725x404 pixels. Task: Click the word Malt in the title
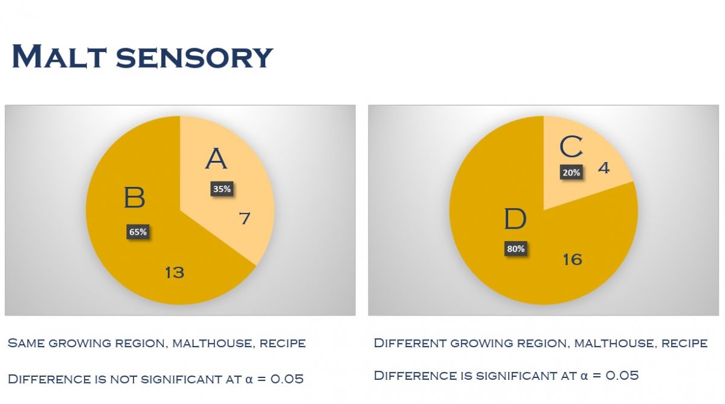(58, 56)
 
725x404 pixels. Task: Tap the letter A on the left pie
(216, 159)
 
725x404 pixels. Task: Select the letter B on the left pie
(134, 198)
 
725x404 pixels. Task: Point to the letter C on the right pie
(571, 147)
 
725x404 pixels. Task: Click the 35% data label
(222, 189)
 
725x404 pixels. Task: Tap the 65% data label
(138, 232)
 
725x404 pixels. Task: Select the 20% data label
(571, 172)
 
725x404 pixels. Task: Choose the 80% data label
(516, 249)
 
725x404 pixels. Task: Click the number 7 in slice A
(244, 218)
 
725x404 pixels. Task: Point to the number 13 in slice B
(174, 273)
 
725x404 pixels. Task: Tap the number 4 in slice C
(604, 167)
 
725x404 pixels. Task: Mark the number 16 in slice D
(572, 259)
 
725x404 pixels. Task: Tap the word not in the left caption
(123, 380)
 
